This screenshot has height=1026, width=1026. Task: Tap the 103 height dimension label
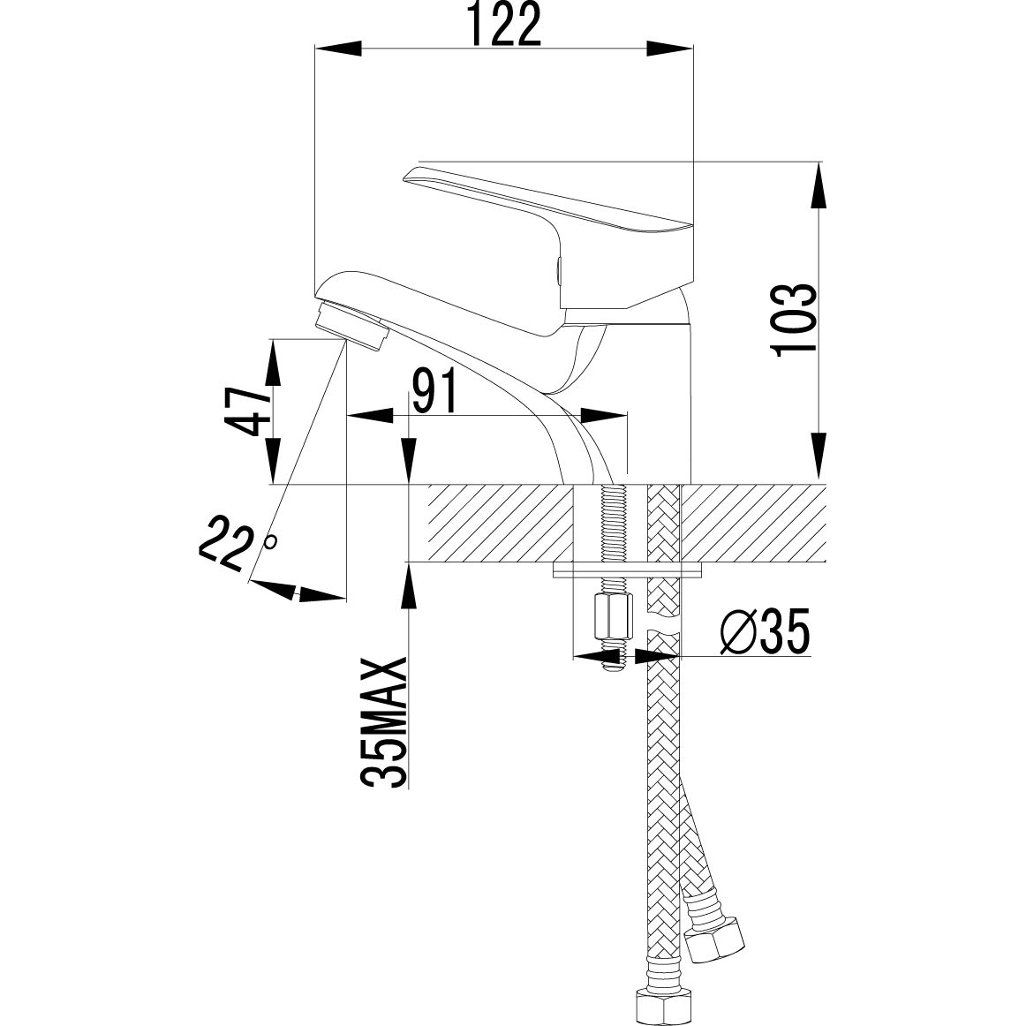coord(790,320)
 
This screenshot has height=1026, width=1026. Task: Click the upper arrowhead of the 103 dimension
coord(820,185)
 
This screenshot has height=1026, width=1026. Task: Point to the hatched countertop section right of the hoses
coord(755,524)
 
